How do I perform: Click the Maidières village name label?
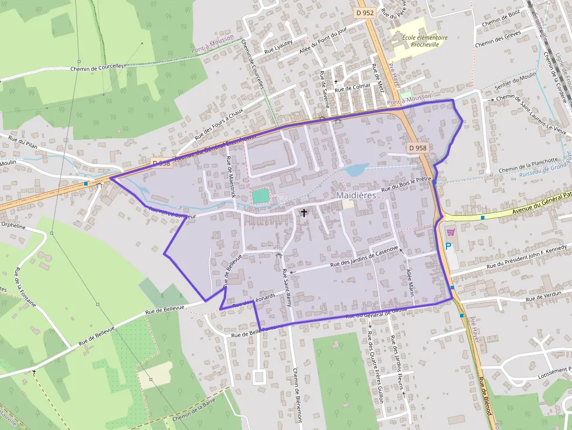click(356, 195)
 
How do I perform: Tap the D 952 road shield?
click(364, 11)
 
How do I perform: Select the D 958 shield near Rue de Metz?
click(418, 148)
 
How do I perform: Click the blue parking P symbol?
click(449, 246)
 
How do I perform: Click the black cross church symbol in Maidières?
click(304, 213)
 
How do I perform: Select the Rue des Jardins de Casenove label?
click(364, 257)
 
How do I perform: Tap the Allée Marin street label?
click(410, 282)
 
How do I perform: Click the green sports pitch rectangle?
click(261, 196)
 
